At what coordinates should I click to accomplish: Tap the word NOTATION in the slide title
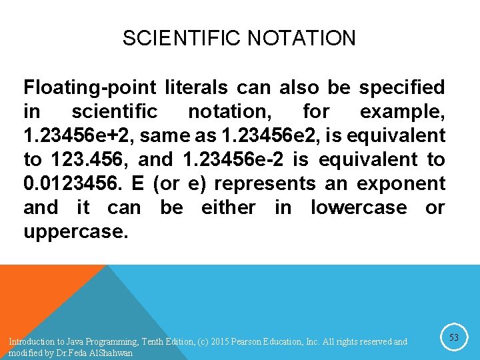coord(301,38)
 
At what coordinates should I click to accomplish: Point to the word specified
coord(402,87)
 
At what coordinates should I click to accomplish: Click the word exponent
coord(401,183)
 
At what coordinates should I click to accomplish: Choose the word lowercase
coord(359,207)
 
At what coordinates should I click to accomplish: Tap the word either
coord(228,207)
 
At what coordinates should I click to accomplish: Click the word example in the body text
coord(402,111)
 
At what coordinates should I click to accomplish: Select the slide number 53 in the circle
coord(453,338)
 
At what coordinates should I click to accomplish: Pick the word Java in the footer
coord(73,342)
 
